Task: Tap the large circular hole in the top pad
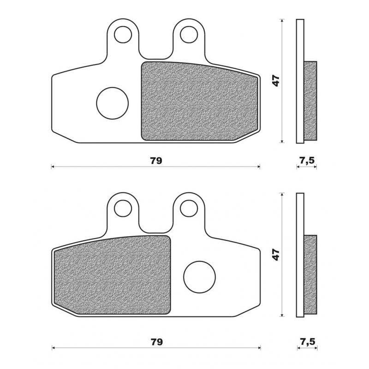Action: point(112,102)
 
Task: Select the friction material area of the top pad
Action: point(198,101)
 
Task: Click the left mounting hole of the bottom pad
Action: point(123,208)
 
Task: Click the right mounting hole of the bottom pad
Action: point(188,208)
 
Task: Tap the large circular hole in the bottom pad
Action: point(199,277)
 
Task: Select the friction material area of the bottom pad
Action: point(112,276)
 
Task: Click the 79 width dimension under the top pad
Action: point(155,161)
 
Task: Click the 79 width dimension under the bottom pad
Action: point(155,342)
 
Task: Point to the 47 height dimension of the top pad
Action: point(276,81)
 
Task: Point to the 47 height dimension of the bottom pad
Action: point(276,255)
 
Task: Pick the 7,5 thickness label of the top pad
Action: point(307,161)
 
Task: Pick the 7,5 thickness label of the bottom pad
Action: point(307,342)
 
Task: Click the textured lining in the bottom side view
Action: point(310,274)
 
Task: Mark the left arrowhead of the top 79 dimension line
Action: point(53,167)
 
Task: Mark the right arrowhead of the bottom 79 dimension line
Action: point(259,347)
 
